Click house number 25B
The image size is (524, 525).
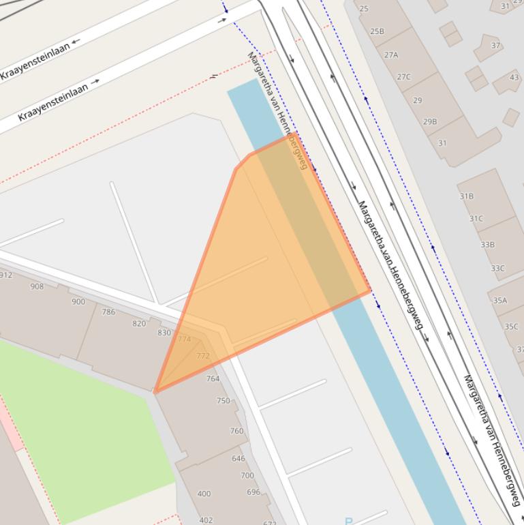pos(377,31)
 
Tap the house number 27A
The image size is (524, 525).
pos(390,55)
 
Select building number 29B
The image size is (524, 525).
pos(430,121)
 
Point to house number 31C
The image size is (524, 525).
pos(476,218)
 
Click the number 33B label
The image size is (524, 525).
pos(487,244)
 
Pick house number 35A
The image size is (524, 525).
pos(500,300)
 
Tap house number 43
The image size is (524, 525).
pos(514,78)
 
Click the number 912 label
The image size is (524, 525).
pos(5,275)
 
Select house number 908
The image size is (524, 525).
pos(37,286)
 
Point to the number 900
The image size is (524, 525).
pos(78,301)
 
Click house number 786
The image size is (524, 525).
pos(108,312)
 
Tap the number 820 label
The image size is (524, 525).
pos(139,323)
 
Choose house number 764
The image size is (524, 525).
pos(213,378)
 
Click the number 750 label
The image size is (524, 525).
pos(224,401)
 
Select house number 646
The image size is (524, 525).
pos(238,458)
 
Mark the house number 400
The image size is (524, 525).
pos(204,494)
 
